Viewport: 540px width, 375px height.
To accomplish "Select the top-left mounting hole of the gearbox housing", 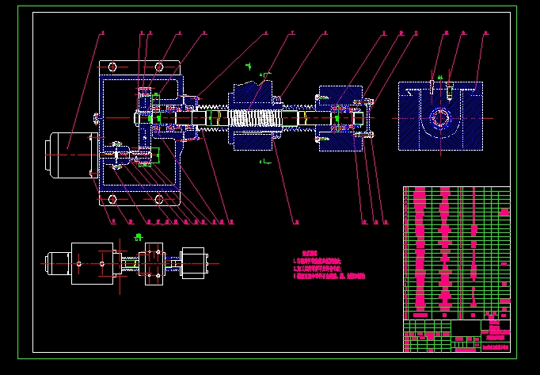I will [x=112, y=67].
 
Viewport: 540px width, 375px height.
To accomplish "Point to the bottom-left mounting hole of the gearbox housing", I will [x=112, y=198].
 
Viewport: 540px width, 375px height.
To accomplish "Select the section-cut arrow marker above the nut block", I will [x=264, y=75].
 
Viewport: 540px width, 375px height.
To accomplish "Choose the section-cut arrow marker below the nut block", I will [x=264, y=161].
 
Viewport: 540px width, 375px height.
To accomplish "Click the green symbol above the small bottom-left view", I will [x=139, y=236].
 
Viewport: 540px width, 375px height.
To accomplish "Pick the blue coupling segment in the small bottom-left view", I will [x=152, y=262].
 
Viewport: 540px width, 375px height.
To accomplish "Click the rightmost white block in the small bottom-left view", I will [x=194, y=262].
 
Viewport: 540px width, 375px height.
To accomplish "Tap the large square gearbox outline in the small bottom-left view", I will [x=93, y=262].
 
